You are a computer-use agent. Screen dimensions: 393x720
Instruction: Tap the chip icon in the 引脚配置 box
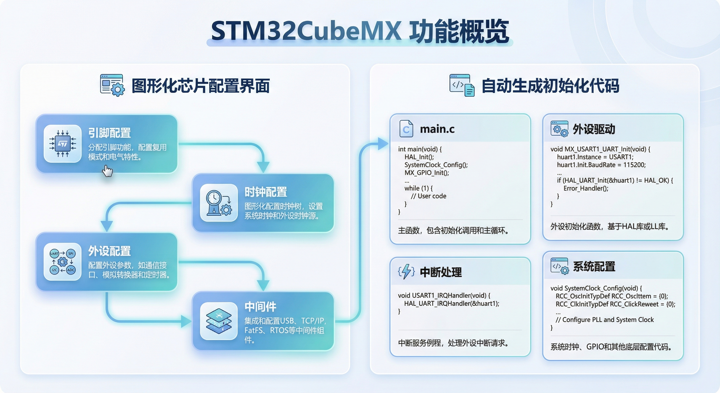click(63, 144)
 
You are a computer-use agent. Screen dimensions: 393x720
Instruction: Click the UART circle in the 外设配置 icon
click(54, 253)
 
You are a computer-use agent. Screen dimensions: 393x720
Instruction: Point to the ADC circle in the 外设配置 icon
click(71, 270)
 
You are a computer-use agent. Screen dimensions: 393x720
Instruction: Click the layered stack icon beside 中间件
click(219, 321)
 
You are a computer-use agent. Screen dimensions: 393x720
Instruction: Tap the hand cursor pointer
click(107, 171)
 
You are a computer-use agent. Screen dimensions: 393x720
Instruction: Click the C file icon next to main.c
click(406, 129)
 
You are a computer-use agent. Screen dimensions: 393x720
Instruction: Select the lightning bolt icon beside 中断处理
click(406, 272)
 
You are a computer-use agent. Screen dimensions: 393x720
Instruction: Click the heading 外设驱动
click(594, 129)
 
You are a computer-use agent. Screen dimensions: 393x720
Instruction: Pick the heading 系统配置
click(594, 267)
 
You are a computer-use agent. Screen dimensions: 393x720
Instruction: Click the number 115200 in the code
click(634, 165)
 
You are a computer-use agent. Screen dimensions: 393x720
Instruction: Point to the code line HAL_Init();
click(419, 157)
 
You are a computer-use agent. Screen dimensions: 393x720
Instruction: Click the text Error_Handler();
click(586, 188)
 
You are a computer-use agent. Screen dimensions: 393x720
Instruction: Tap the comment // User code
click(429, 196)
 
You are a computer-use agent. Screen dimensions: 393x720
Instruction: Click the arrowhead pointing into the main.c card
click(383, 144)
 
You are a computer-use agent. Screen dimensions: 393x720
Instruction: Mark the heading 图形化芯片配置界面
click(200, 86)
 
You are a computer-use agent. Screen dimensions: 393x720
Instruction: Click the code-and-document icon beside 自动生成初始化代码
click(462, 85)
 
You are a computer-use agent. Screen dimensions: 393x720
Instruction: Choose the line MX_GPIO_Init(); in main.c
click(426, 173)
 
